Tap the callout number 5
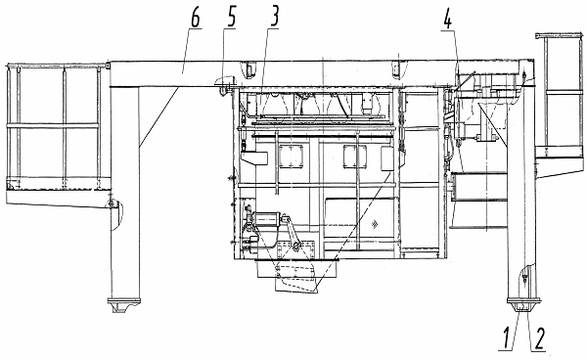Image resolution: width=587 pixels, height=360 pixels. pyautogui.click(x=231, y=18)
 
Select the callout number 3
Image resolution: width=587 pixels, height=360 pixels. pyautogui.click(x=274, y=18)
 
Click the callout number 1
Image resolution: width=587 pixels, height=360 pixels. pyautogui.click(x=507, y=338)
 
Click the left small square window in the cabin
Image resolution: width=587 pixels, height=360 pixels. pyautogui.click(x=292, y=157)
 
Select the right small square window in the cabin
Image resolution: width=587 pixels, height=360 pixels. pyautogui.click(x=354, y=157)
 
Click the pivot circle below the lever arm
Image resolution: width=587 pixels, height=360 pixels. pyautogui.click(x=296, y=246)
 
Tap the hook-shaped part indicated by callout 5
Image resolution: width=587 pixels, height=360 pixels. pyautogui.click(x=224, y=85)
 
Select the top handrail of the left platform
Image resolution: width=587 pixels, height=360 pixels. pyautogui.click(x=58, y=67)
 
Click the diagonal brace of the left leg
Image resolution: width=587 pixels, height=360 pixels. pyautogui.click(x=158, y=116)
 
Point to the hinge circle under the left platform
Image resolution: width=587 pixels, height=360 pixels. pyautogui.click(x=111, y=203)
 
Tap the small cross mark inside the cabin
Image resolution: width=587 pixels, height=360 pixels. pyautogui.click(x=374, y=224)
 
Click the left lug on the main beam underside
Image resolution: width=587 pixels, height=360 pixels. pyautogui.click(x=248, y=70)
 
